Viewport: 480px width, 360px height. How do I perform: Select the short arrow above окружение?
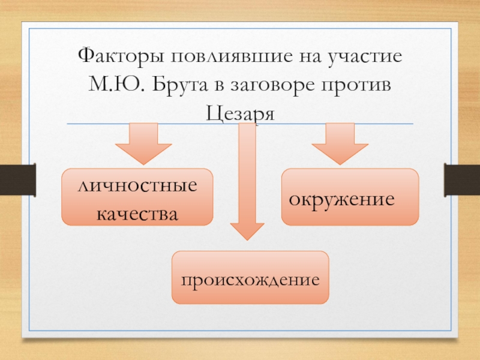coord(340,143)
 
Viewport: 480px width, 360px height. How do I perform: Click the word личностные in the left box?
coord(137,186)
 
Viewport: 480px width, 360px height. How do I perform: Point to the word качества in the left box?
coord(137,213)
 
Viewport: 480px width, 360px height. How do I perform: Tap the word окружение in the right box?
coord(343,197)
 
